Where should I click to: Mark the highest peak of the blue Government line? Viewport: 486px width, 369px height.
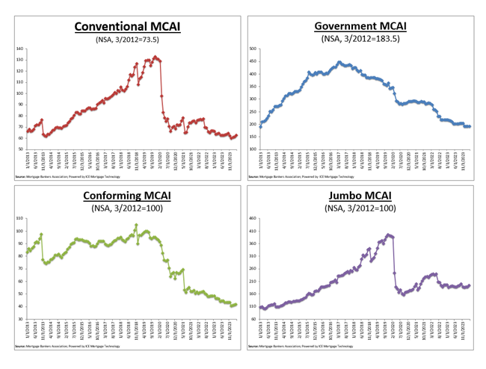click(339, 63)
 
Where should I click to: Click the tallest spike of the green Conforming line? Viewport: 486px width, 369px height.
click(136, 225)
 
